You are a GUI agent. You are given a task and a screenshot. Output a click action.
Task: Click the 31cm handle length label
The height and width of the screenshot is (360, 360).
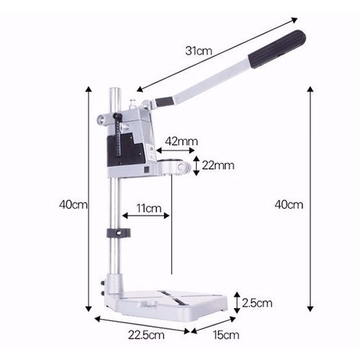[199, 51]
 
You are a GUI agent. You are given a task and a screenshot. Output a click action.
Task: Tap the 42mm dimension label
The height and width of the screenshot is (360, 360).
[181, 141]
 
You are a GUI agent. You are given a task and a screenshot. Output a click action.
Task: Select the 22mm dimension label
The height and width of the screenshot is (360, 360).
[218, 166]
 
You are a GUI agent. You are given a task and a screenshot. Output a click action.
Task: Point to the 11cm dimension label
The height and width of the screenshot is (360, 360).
[149, 208]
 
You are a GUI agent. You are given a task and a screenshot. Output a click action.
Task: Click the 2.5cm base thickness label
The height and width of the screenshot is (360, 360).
[257, 303]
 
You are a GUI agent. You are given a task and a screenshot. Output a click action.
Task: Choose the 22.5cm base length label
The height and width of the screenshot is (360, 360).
[146, 335]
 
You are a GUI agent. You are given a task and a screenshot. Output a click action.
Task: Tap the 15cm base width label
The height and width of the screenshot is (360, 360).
[226, 335]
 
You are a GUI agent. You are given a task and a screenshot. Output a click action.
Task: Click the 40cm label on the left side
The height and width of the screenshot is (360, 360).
[73, 204]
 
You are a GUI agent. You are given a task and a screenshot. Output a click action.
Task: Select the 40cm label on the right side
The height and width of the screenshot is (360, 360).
[289, 204]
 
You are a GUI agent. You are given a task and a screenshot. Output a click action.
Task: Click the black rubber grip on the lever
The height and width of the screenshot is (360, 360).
[277, 49]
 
